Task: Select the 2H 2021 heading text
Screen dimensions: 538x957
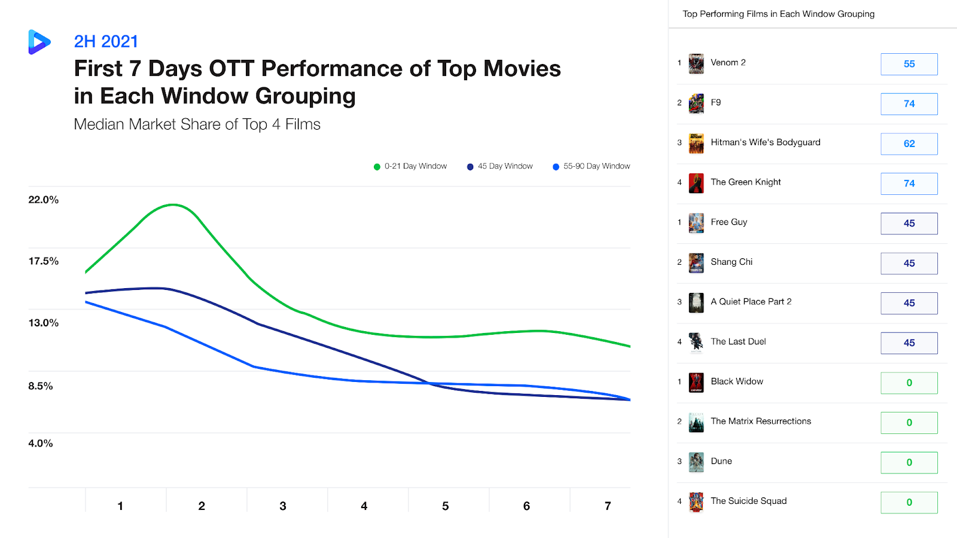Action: (x=106, y=41)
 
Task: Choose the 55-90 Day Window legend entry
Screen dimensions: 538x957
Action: (x=592, y=166)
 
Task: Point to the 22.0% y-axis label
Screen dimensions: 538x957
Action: (x=44, y=200)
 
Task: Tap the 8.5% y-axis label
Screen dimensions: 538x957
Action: (x=41, y=386)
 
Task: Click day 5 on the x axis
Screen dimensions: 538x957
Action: (x=445, y=506)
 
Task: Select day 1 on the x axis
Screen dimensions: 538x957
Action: (x=120, y=506)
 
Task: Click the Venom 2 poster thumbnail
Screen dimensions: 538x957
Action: (x=696, y=63)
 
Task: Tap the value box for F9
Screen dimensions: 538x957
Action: (x=909, y=104)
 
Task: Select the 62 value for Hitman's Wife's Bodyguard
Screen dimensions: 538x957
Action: (x=909, y=143)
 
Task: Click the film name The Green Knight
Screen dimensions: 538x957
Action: (x=746, y=182)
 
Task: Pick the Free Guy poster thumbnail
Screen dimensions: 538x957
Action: (x=696, y=223)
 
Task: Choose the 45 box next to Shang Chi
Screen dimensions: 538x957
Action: (x=909, y=263)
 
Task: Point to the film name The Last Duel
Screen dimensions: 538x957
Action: (x=738, y=341)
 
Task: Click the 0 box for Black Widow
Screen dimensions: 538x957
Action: (x=909, y=383)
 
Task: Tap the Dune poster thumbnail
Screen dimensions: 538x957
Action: (x=696, y=462)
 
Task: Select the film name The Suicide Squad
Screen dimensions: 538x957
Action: (x=748, y=501)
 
